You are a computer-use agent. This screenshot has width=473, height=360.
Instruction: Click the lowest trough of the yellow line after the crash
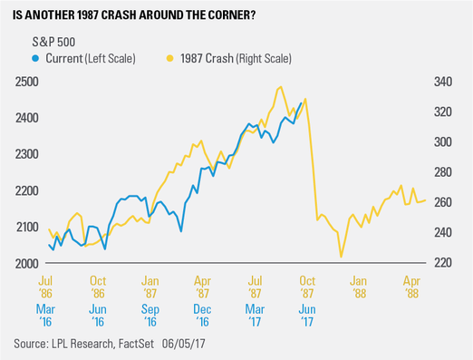[x=341, y=257]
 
